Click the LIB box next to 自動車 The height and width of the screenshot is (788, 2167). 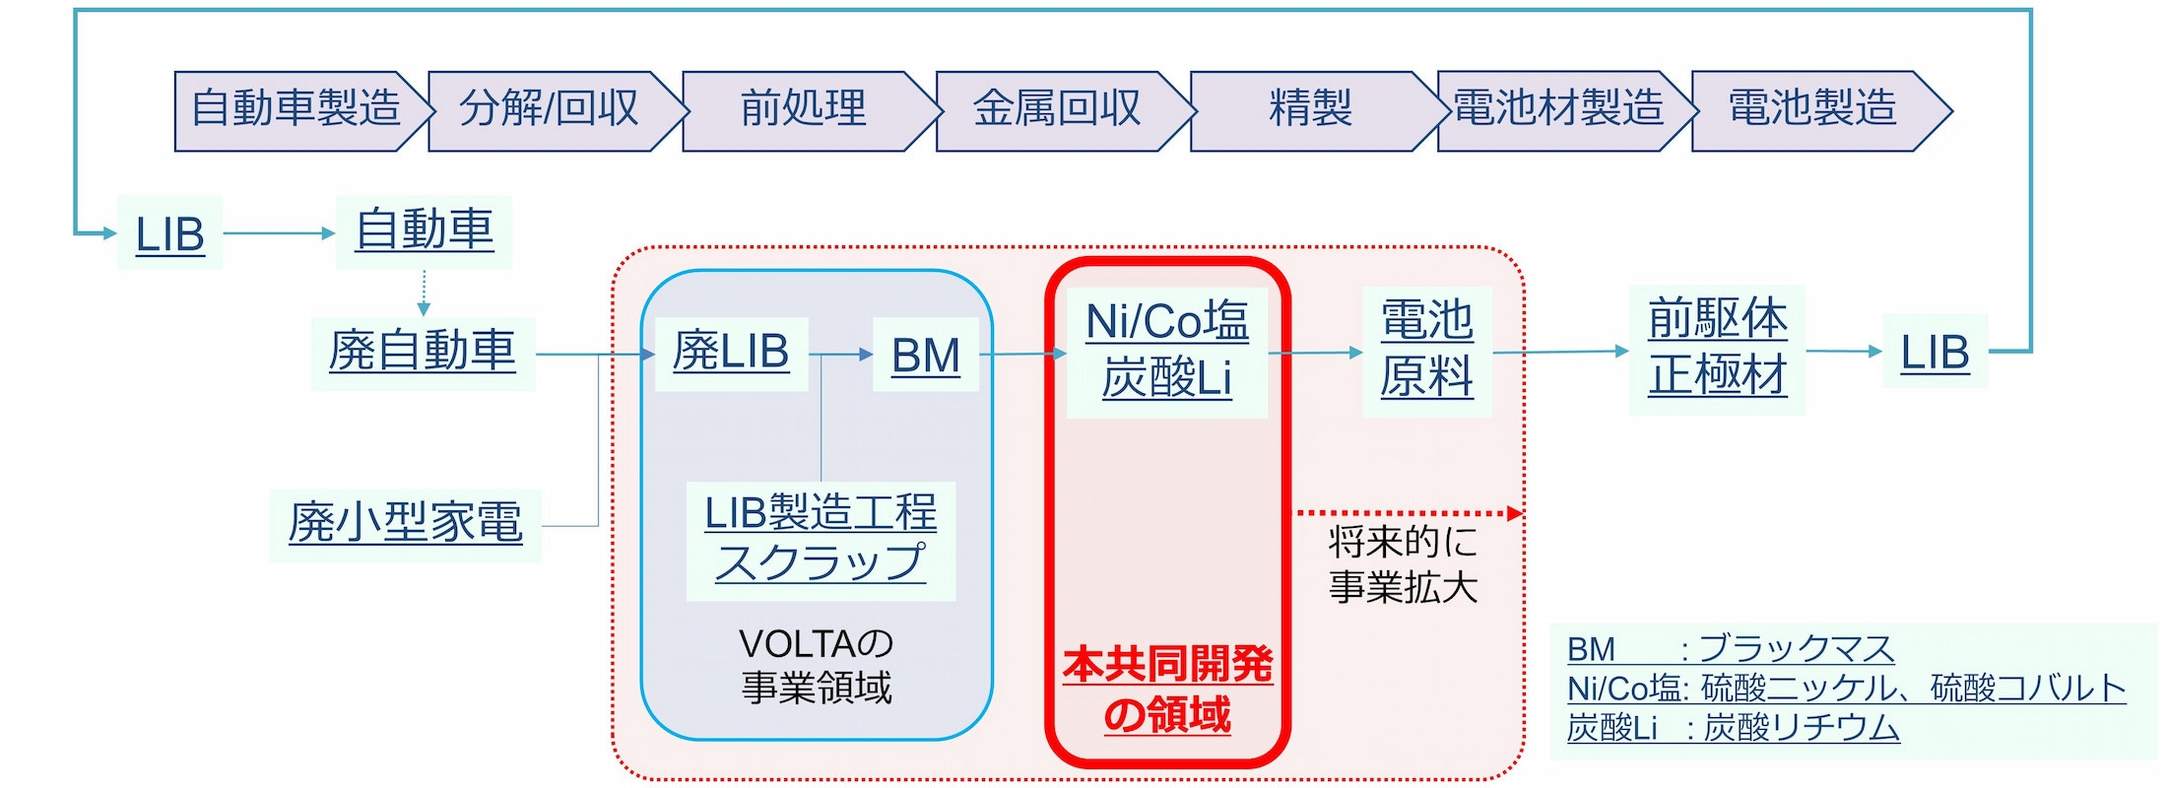coord(169,233)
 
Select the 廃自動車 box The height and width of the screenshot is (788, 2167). coord(423,353)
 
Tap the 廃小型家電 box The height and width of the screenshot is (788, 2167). coord(405,524)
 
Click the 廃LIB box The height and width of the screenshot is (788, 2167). coord(731,354)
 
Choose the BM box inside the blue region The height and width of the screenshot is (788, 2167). coord(925,356)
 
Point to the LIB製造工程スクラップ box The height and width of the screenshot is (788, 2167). coord(821,540)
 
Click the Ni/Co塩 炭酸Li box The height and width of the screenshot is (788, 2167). coord(1166,351)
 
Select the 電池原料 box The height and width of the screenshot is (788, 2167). coord(1426,350)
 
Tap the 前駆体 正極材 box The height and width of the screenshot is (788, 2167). coord(1717,349)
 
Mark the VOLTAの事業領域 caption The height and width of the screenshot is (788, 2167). coord(817,666)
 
